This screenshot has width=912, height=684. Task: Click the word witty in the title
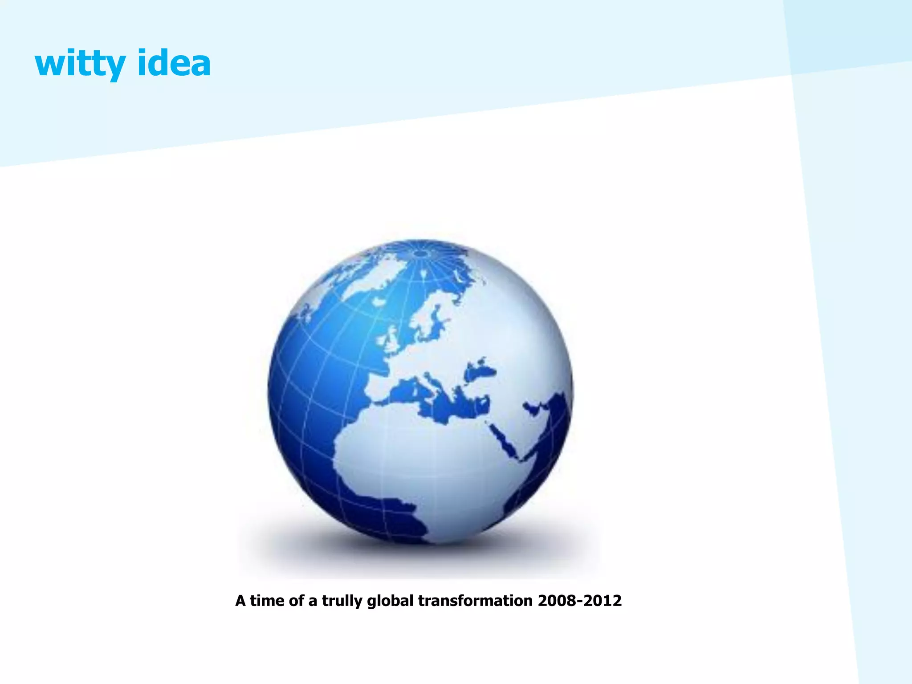click(80, 63)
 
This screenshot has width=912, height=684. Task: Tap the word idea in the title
click(174, 63)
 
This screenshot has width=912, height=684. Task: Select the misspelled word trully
click(342, 601)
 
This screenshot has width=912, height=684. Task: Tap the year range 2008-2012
click(579, 601)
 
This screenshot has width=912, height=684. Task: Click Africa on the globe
click(427, 463)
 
